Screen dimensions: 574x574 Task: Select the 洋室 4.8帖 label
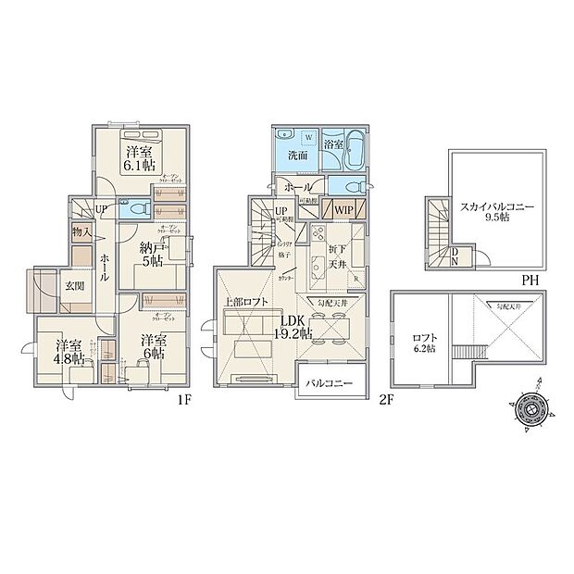coord(61,353)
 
